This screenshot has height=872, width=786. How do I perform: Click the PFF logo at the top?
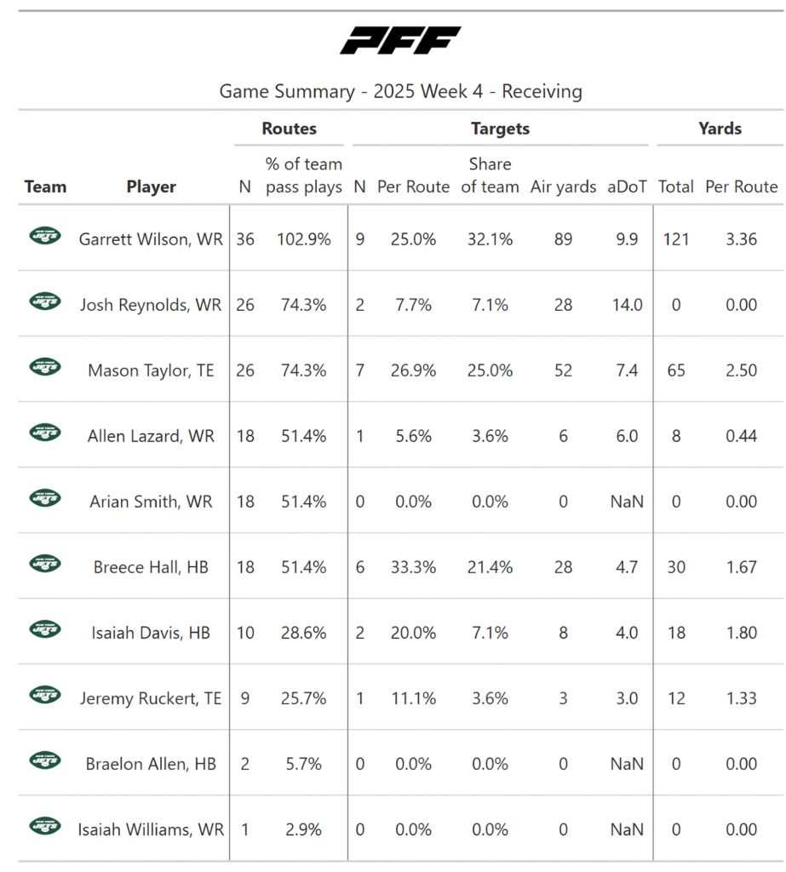tap(400, 41)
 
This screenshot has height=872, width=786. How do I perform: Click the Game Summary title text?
tap(400, 91)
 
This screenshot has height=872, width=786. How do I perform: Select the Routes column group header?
tap(289, 129)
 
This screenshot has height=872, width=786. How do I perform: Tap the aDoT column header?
tap(626, 186)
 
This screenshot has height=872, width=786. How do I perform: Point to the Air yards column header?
tap(563, 186)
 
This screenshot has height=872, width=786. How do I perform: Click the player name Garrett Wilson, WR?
tap(151, 239)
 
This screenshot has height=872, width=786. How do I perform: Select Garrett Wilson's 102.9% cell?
tap(304, 239)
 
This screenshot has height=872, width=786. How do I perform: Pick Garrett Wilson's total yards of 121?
tap(676, 239)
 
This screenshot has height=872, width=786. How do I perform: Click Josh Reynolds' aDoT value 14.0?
tap(627, 305)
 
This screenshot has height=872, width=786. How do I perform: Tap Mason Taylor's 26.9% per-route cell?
tap(413, 370)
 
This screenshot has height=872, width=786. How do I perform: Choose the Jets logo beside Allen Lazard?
tap(45, 433)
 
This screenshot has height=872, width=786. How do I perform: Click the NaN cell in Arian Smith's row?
tap(627, 502)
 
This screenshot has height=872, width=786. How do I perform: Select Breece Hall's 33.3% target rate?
tap(413, 567)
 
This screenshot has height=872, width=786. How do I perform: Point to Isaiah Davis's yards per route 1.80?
tap(741, 633)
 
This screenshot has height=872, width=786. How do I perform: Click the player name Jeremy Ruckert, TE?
tap(151, 698)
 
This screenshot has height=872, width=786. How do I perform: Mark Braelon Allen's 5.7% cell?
tap(304, 764)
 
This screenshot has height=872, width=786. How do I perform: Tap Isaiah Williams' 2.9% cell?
tap(304, 829)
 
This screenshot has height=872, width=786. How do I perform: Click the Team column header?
tap(45, 186)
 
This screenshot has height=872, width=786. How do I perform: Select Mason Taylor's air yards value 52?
tap(563, 370)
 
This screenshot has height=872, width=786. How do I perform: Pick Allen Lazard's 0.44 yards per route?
tap(741, 436)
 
